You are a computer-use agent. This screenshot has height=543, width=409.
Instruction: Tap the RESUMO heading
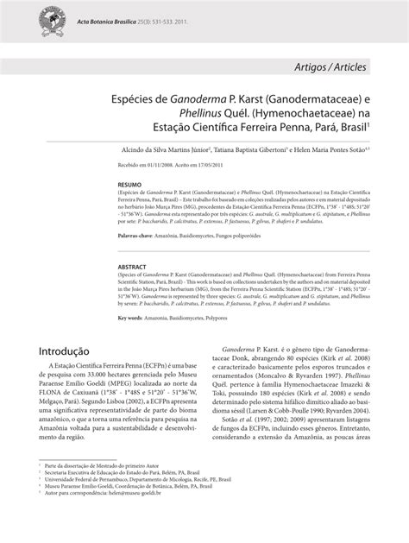click(x=129, y=185)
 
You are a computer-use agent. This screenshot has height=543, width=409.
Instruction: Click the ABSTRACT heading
click(x=133, y=268)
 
